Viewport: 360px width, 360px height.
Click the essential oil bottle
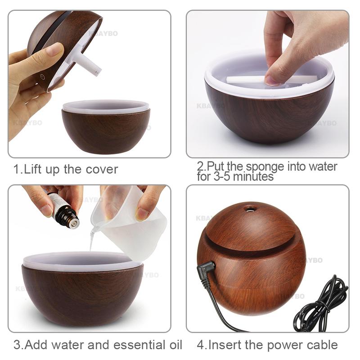(63, 210)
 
